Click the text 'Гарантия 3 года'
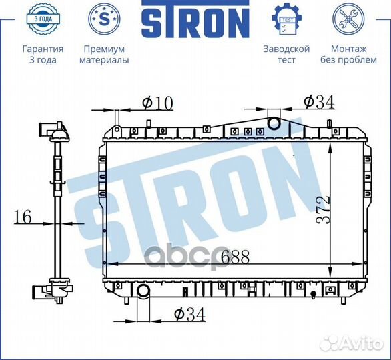[x=43, y=55]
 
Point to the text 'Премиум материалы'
[x=104, y=55]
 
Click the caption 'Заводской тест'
[x=286, y=55]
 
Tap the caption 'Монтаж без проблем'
[x=348, y=55]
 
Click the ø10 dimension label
[x=157, y=103]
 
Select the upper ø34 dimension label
[x=318, y=101]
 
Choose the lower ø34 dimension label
[x=189, y=313]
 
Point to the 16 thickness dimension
[x=22, y=216]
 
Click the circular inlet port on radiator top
[x=274, y=123]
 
